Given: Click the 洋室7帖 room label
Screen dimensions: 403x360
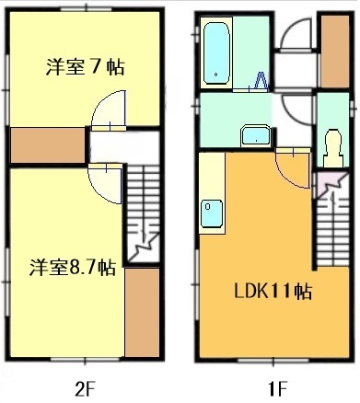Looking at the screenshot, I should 85,67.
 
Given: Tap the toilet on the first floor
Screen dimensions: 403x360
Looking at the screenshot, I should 331,145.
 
